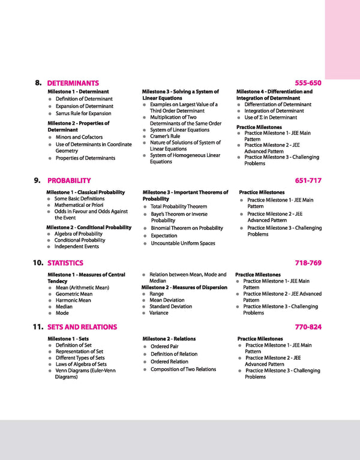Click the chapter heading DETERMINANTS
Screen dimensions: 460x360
[73, 83]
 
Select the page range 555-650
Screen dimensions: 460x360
[308, 83]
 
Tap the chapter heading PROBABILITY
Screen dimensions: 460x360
[69, 180]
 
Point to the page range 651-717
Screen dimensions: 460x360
[308, 180]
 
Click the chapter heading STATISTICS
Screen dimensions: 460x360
[65, 263]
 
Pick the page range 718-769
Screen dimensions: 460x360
[308, 263]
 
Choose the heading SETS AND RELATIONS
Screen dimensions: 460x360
[82, 327]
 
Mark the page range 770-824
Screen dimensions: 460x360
[308, 327]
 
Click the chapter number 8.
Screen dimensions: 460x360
[38, 83]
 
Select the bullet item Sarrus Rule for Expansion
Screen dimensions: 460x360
[83, 113]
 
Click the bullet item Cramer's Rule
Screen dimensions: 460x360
[165, 136]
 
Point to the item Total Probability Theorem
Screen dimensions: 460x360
[179, 206]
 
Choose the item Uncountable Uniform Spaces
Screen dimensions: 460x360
[183, 243]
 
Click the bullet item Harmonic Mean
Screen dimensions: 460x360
[73, 300]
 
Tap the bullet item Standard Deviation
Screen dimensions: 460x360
[171, 306]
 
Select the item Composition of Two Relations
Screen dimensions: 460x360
[183, 369]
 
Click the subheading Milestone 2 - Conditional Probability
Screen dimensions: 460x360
[89, 227]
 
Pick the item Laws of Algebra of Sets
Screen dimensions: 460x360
[81, 364]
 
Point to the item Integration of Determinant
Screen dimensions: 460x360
[274, 111]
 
